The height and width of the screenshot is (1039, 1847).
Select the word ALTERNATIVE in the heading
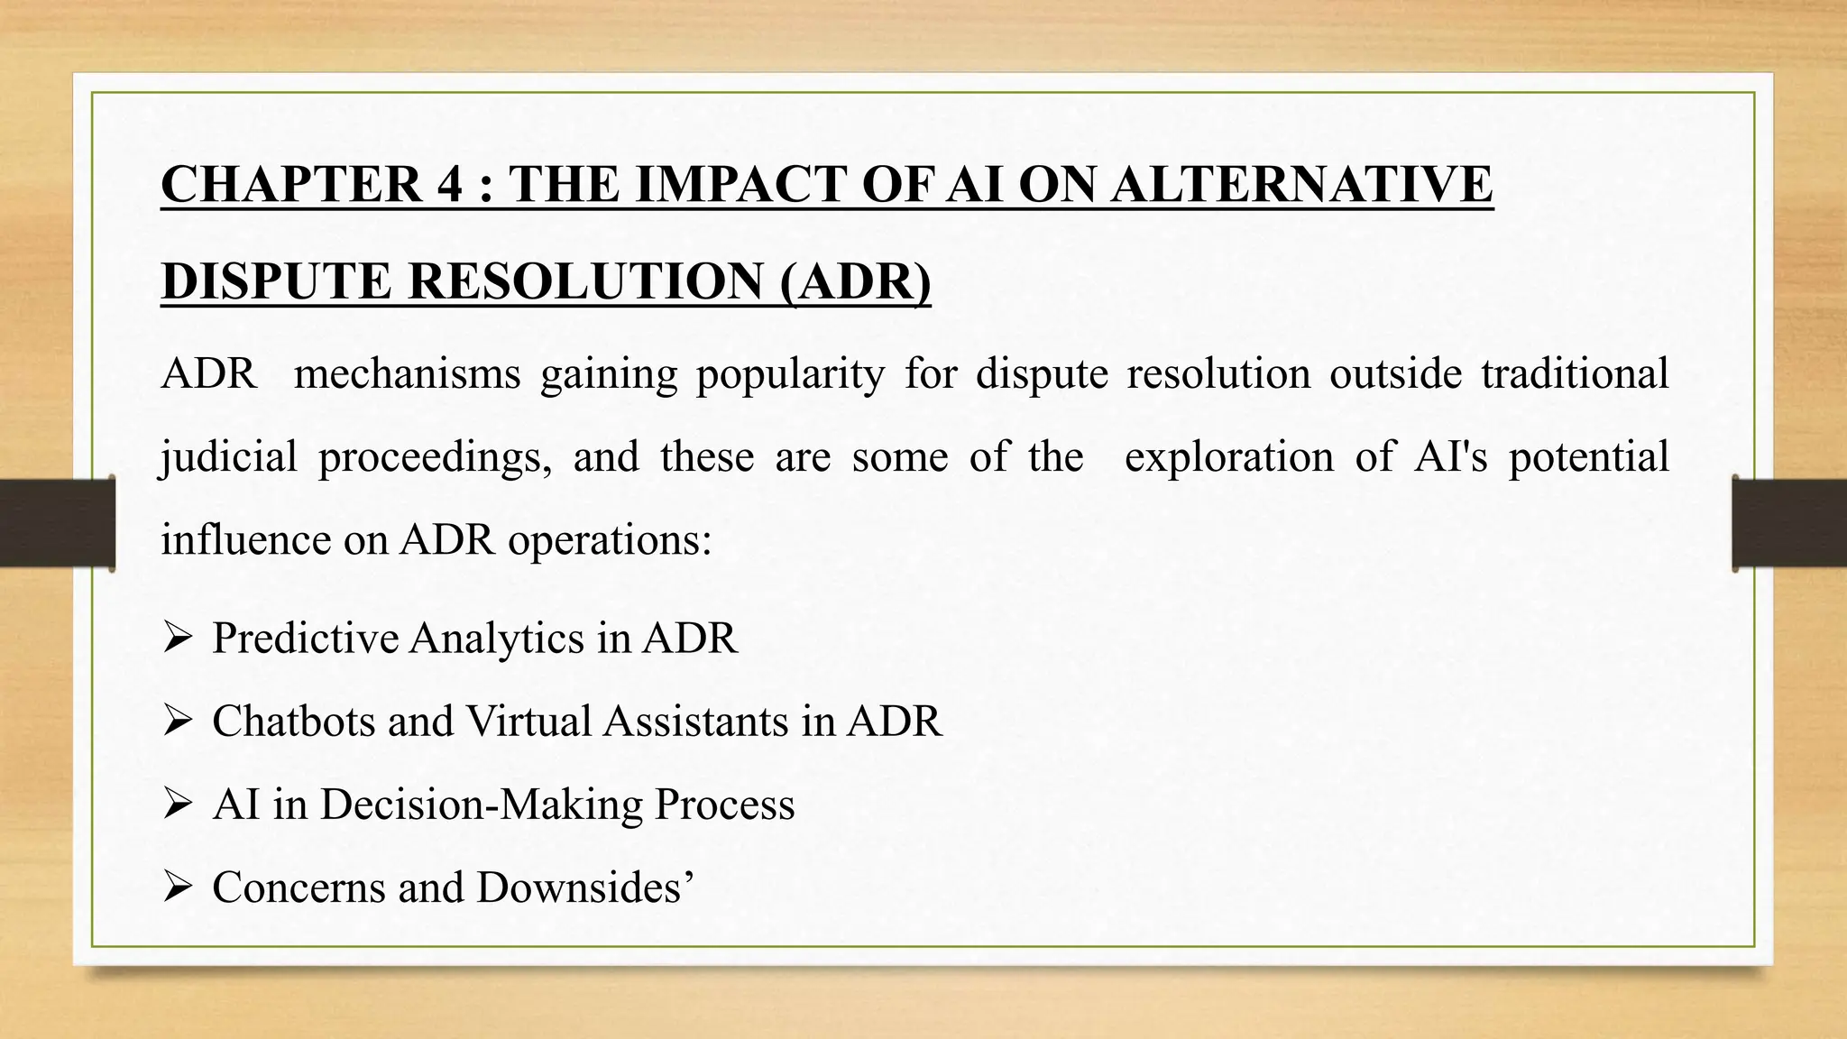click(1300, 184)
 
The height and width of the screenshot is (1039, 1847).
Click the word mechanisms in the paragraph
click(407, 373)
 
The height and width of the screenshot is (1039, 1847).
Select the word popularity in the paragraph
click(790, 373)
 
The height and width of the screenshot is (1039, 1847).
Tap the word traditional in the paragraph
click(1575, 373)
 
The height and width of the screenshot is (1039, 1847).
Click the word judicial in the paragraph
click(228, 456)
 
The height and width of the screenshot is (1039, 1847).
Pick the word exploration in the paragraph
click(1228, 456)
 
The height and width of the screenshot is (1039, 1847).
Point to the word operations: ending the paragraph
click(610, 539)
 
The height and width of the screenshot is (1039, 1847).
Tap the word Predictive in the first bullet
click(304, 639)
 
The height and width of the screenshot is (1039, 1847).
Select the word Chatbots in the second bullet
click(293, 722)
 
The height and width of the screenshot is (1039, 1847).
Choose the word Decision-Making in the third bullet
click(481, 805)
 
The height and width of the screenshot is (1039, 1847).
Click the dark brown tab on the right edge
click(1789, 523)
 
